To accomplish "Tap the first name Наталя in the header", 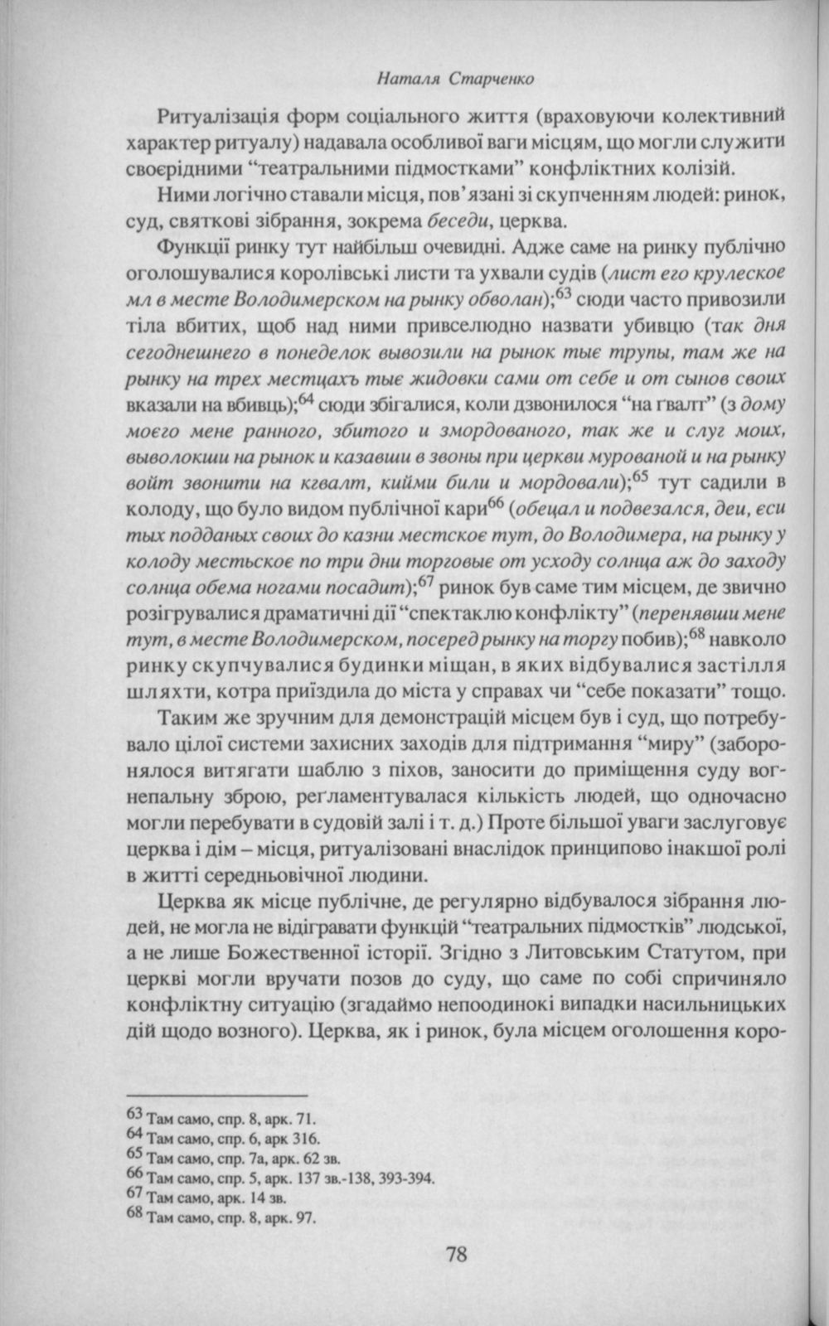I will click(401, 80).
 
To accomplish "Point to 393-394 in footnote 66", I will click(406, 1178).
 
